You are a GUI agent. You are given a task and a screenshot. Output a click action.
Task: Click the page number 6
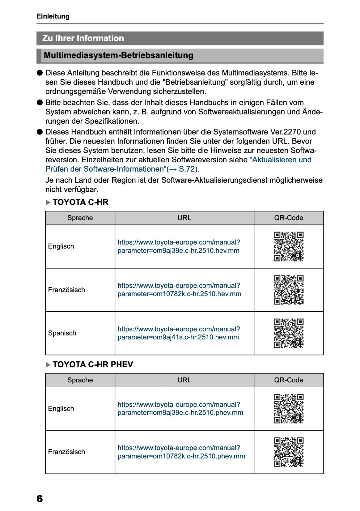click(40, 499)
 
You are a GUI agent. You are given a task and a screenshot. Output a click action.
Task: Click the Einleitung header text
click(53, 16)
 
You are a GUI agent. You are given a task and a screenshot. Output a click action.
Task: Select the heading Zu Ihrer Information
click(83, 38)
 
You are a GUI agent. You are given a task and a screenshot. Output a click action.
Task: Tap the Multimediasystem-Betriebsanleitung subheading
click(118, 55)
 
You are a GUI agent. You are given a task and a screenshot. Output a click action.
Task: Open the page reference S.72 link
click(188, 169)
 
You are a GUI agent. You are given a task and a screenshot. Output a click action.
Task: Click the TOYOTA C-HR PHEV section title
click(93, 364)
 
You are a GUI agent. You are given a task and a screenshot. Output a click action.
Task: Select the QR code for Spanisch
click(289, 333)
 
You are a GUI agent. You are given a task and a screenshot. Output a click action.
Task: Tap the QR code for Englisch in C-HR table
click(289, 246)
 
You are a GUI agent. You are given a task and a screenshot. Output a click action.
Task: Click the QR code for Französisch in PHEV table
click(289, 452)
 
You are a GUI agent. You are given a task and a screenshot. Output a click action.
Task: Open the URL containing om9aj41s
click(178, 333)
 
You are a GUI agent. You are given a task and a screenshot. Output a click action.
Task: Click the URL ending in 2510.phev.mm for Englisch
click(180, 409)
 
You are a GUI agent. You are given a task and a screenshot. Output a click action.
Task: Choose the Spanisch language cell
click(62, 333)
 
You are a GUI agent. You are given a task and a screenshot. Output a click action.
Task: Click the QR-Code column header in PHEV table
click(289, 380)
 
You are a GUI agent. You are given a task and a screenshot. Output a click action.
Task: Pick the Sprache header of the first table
click(80, 218)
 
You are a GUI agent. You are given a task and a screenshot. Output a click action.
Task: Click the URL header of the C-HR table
click(184, 218)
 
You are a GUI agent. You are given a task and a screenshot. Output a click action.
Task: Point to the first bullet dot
click(40, 73)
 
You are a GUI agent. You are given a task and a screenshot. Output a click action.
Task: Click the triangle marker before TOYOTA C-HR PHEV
click(48, 365)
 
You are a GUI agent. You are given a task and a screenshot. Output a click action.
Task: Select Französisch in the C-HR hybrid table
click(66, 290)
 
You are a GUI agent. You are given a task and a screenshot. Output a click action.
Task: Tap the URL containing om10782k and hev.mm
click(179, 290)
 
